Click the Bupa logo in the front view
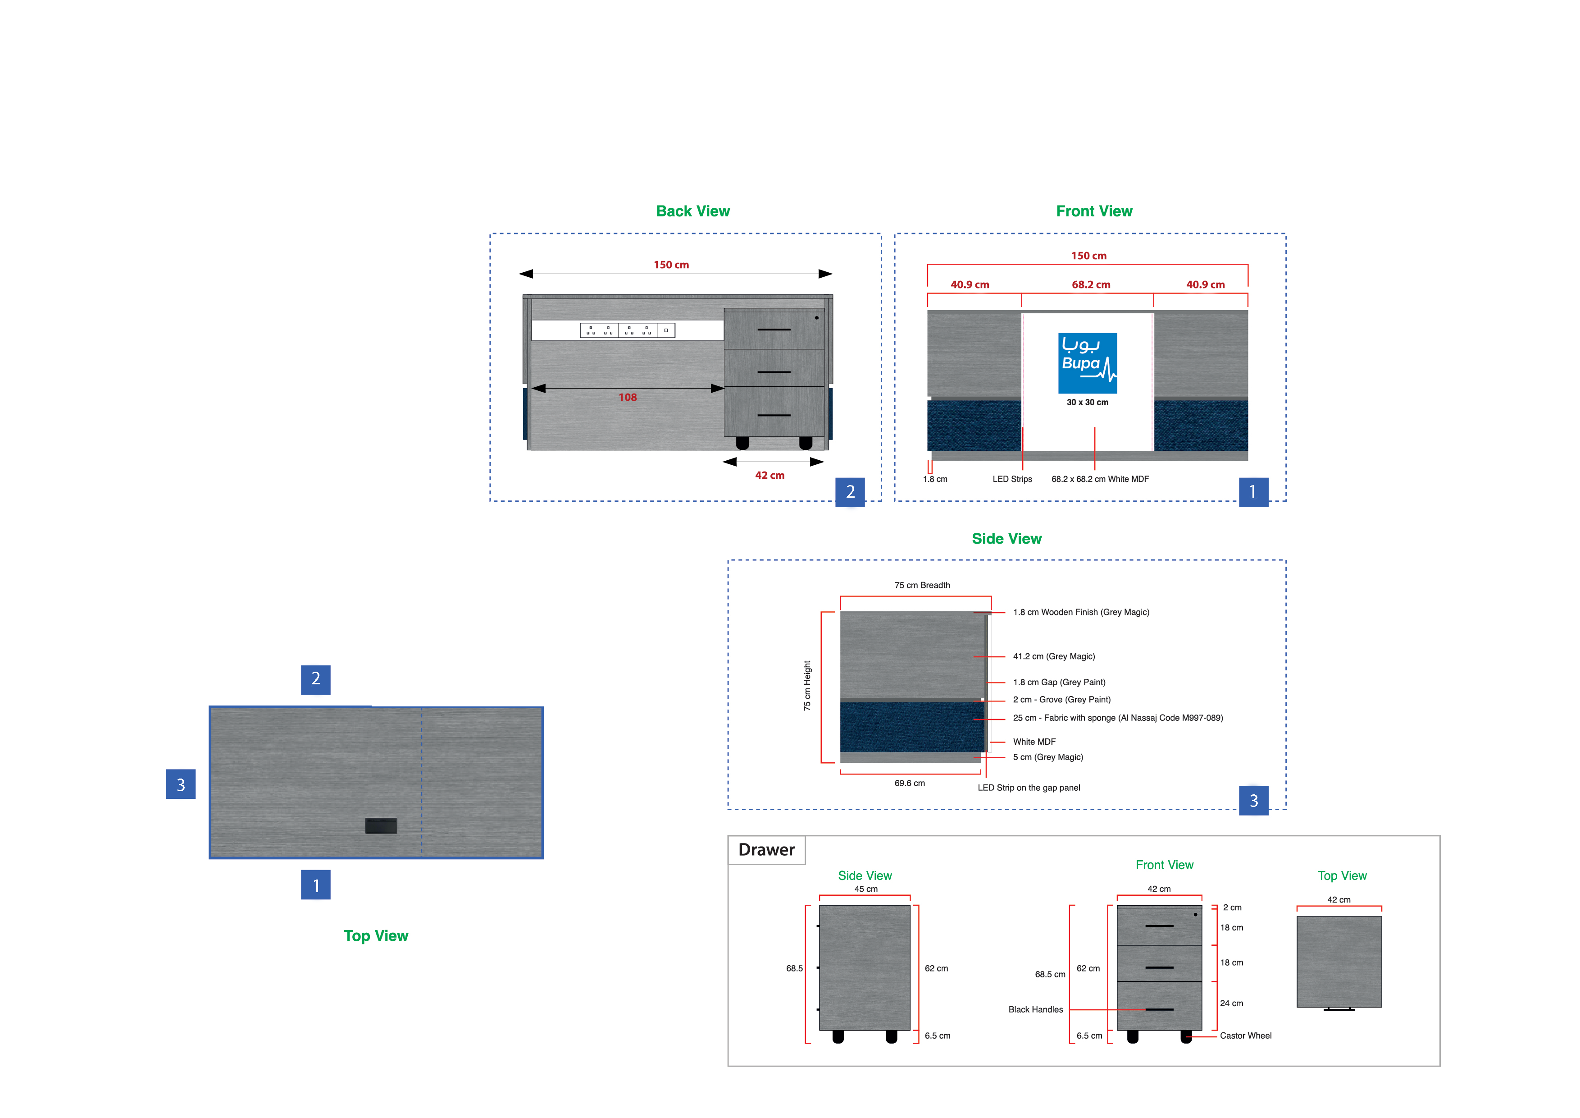click(1087, 363)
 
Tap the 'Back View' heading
click(692, 211)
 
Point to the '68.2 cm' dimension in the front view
click(1091, 284)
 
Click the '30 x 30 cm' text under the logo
click(1087, 402)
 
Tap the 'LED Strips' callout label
click(1011, 479)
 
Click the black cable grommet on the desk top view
click(381, 825)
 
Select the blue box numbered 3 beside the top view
click(180, 784)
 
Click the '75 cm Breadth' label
click(922, 585)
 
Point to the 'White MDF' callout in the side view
click(1034, 742)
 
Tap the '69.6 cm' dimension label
click(909, 784)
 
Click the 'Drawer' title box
click(766, 850)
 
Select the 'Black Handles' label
click(1035, 1009)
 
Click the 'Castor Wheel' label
click(1246, 1036)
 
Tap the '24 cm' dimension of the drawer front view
click(1231, 1003)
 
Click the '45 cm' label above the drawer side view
click(866, 889)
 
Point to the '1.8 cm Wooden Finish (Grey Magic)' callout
click(1080, 612)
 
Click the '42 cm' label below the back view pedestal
click(770, 475)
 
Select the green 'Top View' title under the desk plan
click(376, 935)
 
